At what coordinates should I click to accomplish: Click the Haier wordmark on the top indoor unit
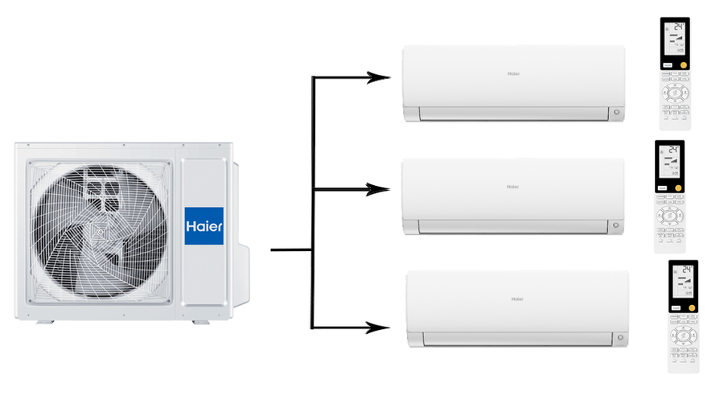513,74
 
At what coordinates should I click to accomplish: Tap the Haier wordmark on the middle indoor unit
512,187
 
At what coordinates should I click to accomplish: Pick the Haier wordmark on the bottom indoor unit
517,299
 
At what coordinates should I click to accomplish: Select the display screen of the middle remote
669,163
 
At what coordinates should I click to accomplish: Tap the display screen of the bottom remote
683,282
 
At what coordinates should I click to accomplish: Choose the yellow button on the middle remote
678,187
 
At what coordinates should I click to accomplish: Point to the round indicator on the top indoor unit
617,113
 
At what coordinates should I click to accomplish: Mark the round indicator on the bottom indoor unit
620,338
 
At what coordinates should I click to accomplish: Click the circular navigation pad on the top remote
674,93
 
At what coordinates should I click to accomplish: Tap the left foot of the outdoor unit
46,322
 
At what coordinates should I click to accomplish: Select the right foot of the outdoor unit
200,322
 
